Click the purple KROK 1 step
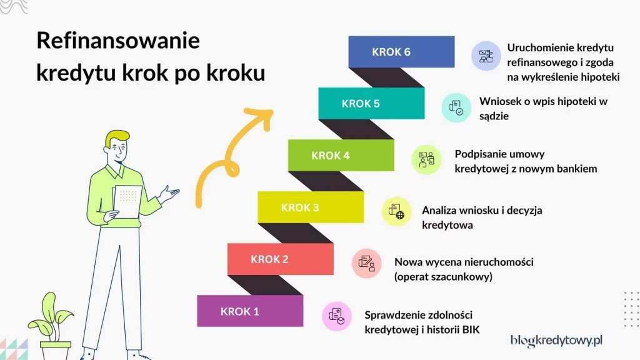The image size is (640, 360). point(250,311)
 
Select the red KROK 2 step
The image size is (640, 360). point(280,259)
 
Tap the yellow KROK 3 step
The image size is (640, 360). point(311,207)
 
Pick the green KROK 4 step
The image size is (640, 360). point(341,156)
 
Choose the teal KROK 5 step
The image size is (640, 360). point(371,104)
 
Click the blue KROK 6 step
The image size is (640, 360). point(401,52)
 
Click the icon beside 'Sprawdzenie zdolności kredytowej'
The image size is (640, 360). point(337,316)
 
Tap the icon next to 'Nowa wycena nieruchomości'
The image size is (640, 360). point(366,263)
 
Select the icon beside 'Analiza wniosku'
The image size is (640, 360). point(396,211)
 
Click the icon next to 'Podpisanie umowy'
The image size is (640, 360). point(426,159)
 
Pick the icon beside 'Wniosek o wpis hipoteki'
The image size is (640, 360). point(456,107)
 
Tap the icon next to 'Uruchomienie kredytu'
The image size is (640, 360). point(486,56)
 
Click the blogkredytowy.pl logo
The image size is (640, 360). point(556,340)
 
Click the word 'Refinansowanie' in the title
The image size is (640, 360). point(117,41)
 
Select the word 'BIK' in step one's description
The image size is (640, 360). point(469,329)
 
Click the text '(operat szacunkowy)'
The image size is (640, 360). point(443,277)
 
